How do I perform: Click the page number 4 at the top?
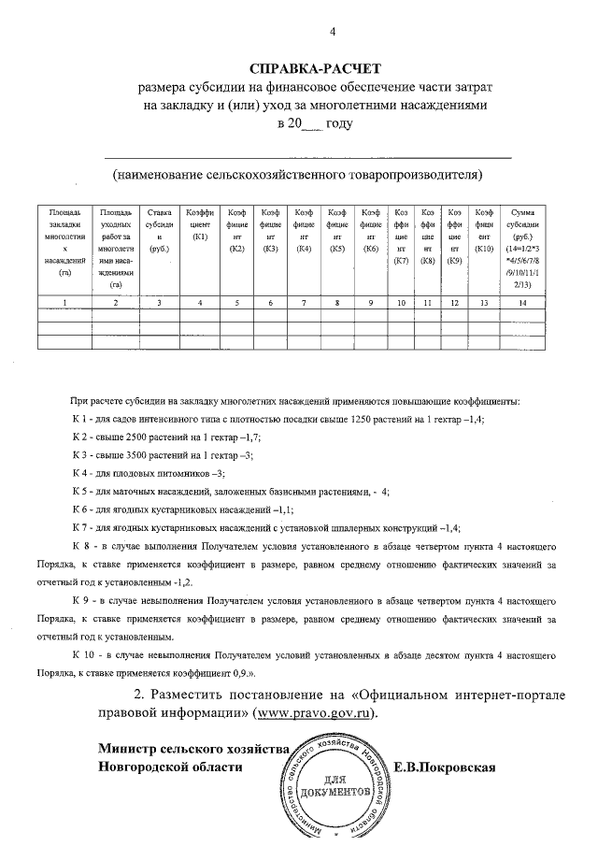[332, 35]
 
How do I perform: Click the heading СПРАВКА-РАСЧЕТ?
[316, 69]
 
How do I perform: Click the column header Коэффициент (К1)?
[199, 225]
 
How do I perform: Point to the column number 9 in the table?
[370, 303]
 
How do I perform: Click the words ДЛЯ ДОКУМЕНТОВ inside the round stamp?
[335, 785]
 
